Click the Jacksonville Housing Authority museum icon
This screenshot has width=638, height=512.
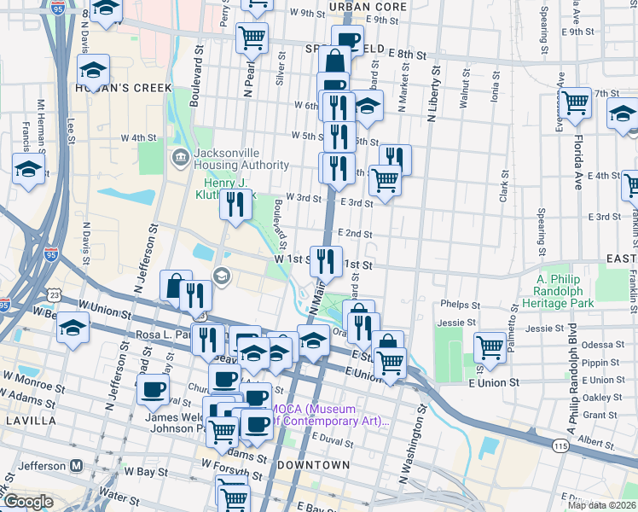[x=180, y=157]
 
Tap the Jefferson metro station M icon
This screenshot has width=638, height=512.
[x=77, y=466]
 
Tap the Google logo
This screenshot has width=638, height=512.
[x=28, y=502]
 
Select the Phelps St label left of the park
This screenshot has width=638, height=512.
[x=459, y=304]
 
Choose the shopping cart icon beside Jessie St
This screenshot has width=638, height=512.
[x=490, y=346]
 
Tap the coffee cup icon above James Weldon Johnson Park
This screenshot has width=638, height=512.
[x=154, y=389]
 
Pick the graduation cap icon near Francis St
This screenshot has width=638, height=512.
[x=28, y=168]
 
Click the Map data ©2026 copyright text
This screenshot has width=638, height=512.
[x=600, y=505]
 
